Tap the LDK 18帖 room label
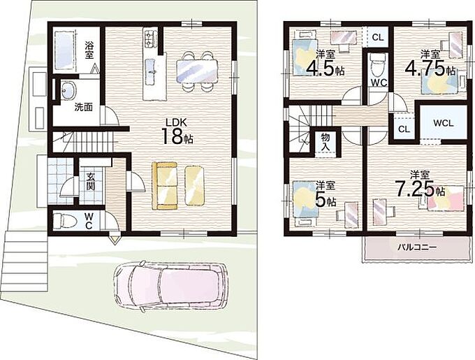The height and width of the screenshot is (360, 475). (x=177, y=132)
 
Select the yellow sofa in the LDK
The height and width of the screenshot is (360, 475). (x=164, y=185)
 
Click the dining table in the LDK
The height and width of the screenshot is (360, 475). (x=197, y=71)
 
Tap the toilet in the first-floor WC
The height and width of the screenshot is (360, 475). (x=65, y=221)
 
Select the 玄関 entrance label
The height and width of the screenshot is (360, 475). (x=90, y=181)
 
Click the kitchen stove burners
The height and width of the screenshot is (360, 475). (x=150, y=38)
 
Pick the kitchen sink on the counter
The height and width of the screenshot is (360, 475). (x=151, y=72)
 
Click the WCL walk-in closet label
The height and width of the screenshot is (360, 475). (x=443, y=123)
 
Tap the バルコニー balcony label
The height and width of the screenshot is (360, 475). (x=417, y=247)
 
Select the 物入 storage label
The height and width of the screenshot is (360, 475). (x=326, y=142)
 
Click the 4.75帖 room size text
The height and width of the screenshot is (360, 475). (x=430, y=69)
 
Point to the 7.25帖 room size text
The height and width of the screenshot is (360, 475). (x=421, y=189)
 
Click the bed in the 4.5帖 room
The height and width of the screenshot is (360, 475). (x=305, y=57)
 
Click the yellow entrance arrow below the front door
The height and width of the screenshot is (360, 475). (x=115, y=239)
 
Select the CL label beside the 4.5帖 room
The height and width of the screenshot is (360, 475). (x=378, y=38)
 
